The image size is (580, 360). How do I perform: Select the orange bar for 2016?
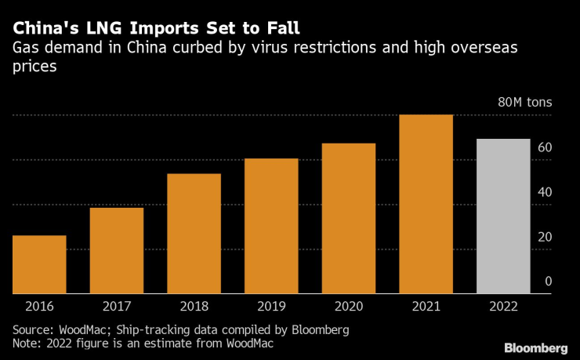click(39, 264)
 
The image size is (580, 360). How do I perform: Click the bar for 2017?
click(117, 250)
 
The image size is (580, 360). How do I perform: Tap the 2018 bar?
click(194, 234)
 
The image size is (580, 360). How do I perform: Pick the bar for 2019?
click(271, 226)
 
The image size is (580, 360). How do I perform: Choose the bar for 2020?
click(349, 218)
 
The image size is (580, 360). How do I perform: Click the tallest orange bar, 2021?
click(426, 204)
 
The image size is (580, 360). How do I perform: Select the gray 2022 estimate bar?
click(503, 216)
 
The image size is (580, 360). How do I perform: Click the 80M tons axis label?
click(524, 103)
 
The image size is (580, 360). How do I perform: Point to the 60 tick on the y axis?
click(544, 147)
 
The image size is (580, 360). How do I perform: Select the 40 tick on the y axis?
click(544, 192)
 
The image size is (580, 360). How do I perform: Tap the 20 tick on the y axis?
click(544, 237)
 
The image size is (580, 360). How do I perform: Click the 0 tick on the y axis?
click(548, 282)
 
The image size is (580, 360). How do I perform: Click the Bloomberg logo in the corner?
click(536, 347)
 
